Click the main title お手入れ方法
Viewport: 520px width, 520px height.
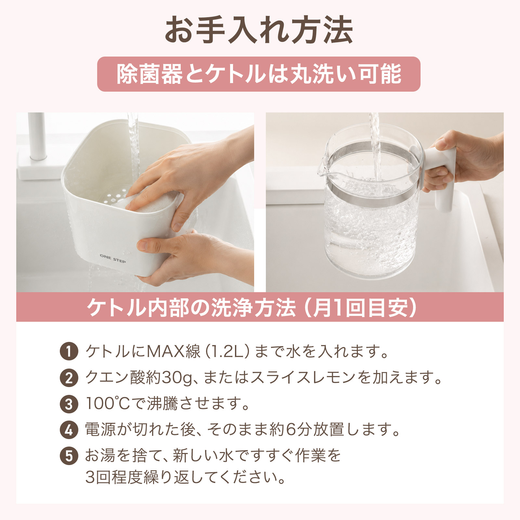pos(259,30)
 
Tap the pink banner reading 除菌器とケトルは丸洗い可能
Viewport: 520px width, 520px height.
pos(259,74)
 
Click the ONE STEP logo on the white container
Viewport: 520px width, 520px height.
pos(113,258)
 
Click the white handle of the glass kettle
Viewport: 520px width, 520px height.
pos(440,175)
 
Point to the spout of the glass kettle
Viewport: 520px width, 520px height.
pos(324,166)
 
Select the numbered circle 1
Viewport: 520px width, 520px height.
pos(69,351)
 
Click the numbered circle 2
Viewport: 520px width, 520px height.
pos(69,378)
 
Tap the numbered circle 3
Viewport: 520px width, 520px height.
pos(69,404)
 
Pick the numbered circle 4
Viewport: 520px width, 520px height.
pos(69,430)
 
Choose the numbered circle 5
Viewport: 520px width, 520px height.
pos(69,456)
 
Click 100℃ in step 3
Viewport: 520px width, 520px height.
pos(108,404)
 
